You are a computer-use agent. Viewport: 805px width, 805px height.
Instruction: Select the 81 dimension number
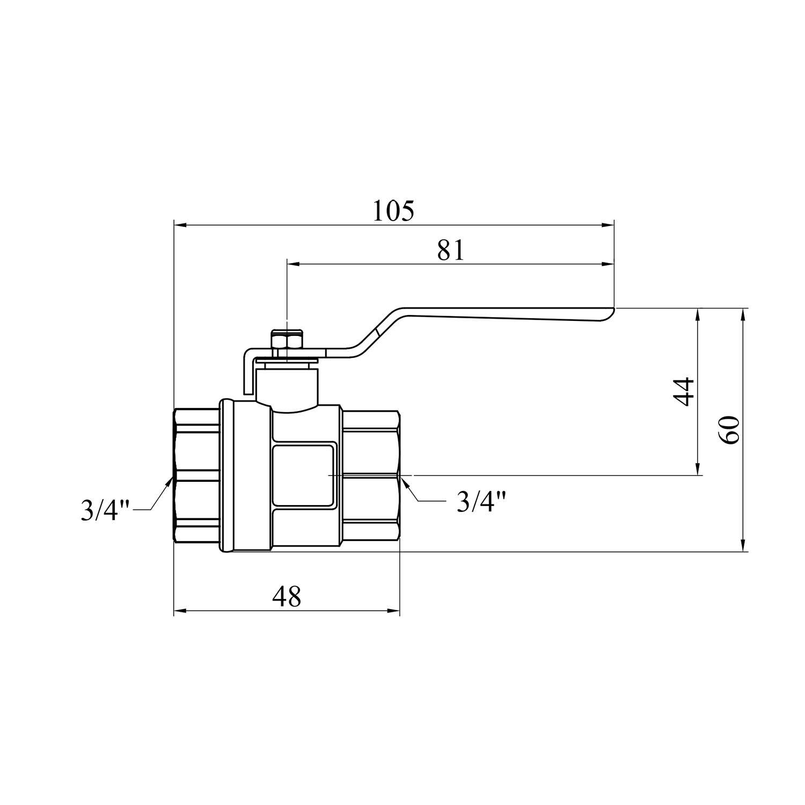[x=450, y=250]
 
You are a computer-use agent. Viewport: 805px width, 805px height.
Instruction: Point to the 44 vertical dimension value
[x=684, y=392]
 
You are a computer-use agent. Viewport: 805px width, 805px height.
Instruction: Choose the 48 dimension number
[x=287, y=596]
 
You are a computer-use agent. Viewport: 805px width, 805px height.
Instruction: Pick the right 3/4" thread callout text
[x=481, y=501]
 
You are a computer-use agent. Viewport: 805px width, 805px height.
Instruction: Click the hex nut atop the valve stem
[x=287, y=341]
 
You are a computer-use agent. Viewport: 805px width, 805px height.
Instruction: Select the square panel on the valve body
[x=305, y=475]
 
